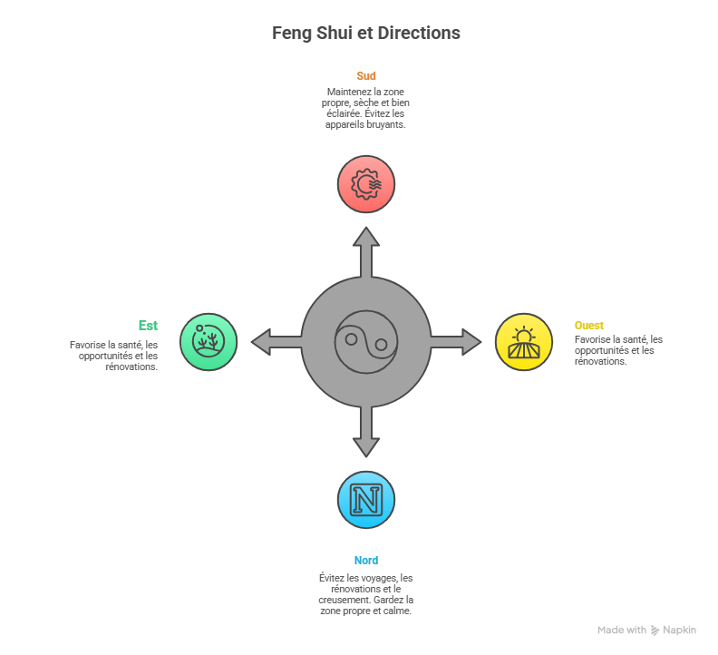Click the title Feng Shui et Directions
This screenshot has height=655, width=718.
366,33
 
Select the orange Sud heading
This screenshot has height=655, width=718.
366,76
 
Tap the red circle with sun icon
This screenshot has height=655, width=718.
366,184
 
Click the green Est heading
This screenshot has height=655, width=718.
148,325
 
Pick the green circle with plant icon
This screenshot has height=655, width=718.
209,342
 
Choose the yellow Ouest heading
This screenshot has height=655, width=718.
589,325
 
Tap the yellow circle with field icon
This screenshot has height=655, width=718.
524,342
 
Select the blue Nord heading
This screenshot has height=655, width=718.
366,561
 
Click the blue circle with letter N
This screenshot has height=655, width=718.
366,500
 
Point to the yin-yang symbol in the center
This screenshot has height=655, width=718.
366,342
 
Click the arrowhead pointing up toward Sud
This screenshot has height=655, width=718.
366,239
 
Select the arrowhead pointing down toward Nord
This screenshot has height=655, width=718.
366,445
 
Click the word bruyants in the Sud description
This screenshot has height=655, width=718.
385,125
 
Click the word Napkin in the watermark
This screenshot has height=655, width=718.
681,631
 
